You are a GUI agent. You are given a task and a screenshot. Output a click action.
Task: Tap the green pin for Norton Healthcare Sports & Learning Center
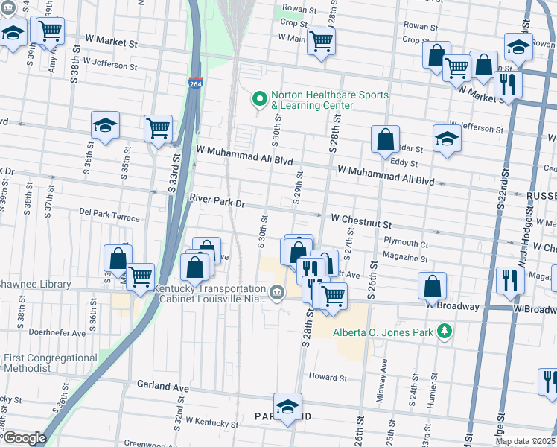coord(260,98)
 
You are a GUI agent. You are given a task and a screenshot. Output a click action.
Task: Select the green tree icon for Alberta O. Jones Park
coord(445,330)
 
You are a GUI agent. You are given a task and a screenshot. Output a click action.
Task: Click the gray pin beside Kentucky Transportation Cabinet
coord(277,292)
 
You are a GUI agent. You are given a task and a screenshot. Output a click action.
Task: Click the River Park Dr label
coord(217,202)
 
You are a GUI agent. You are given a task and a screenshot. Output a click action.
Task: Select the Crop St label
coord(289,23)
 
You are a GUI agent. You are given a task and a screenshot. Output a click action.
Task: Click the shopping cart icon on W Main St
coord(321,41)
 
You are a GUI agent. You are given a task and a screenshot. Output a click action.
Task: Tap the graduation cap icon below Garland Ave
coord(287,406)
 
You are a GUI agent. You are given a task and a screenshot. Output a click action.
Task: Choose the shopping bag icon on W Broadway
coord(432,285)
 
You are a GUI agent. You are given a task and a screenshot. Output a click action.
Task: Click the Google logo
coord(25,438)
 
